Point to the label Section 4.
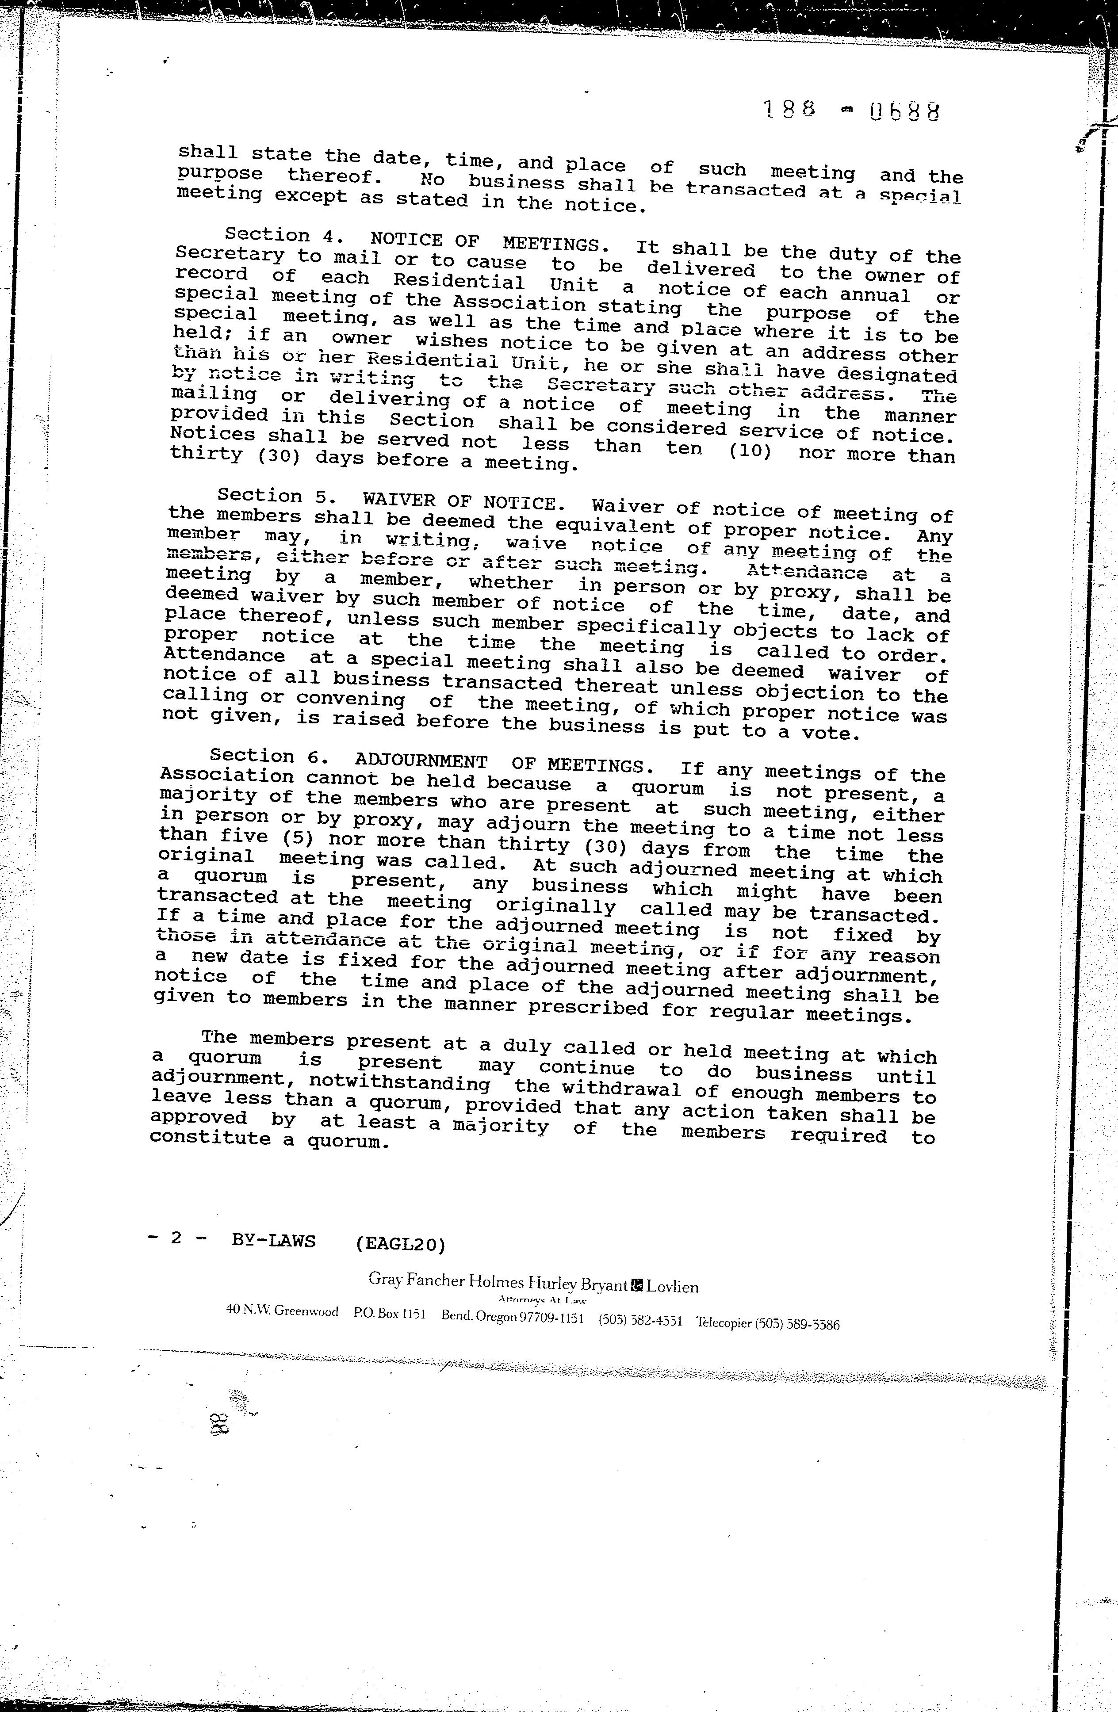coord(267,235)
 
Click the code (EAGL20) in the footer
coord(401,1243)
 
